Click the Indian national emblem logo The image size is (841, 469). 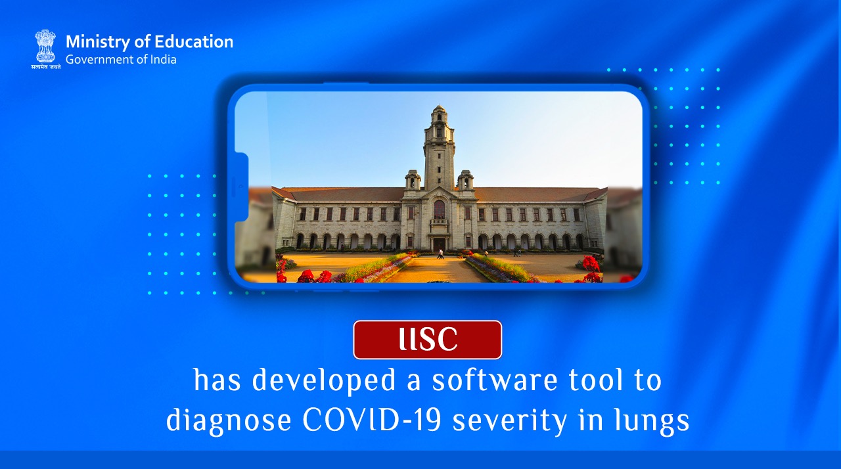click(x=45, y=46)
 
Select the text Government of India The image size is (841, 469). click(x=121, y=59)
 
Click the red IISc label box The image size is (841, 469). click(x=427, y=340)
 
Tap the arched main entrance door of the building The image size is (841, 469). click(x=438, y=244)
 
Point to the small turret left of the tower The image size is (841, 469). click(x=413, y=179)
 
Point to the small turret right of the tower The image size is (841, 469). click(x=465, y=179)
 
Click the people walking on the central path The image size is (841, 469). click(x=440, y=253)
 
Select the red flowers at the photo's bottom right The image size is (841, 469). click(x=591, y=269)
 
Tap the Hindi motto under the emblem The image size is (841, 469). click(x=46, y=66)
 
